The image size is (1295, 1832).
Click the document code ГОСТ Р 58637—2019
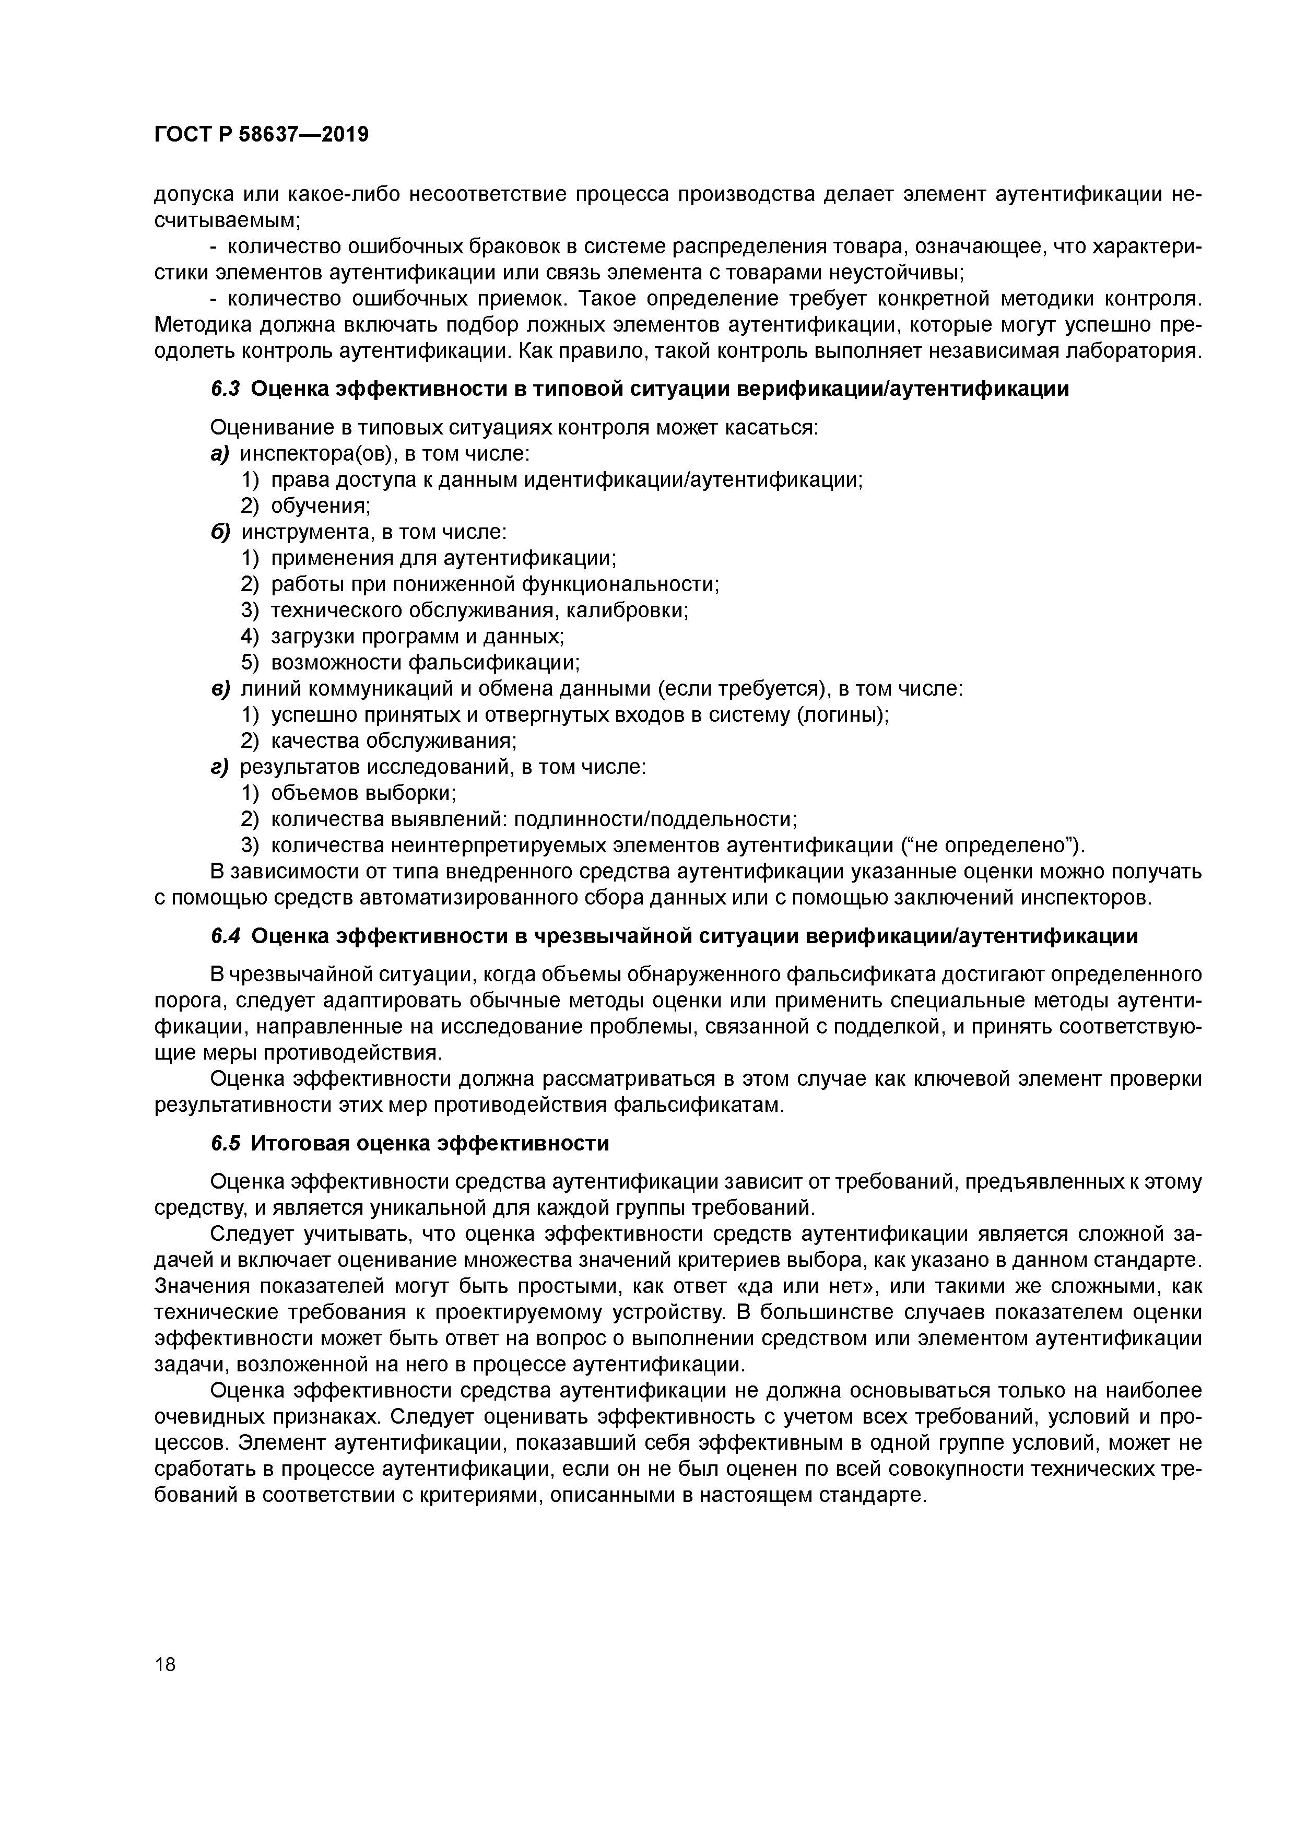click(261, 134)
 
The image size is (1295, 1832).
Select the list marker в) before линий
click(219, 689)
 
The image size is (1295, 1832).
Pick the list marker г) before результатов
click(219, 768)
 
